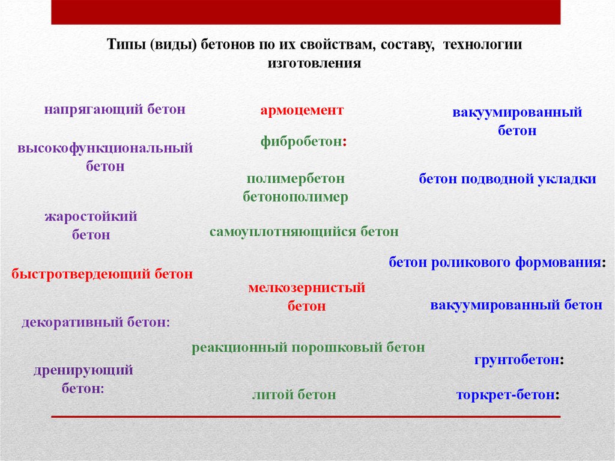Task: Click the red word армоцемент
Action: coord(302,111)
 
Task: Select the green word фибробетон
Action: coord(301,141)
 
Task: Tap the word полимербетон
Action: coord(295,179)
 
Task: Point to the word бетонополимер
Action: coord(295,197)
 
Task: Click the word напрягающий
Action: coord(93,109)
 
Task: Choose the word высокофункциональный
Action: coord(105,148)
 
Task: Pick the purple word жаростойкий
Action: coord(91,216)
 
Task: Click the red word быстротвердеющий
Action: coord(80,274)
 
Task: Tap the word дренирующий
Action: coord(83,370)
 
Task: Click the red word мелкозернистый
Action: coord(307,289)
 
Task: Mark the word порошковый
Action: coord(337,348)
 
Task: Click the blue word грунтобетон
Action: coord(517,360)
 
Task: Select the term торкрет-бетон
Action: coord(506,395)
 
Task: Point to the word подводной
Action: coord(497,180)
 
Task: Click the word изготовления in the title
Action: coord(314,63)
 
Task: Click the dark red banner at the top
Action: coord(306,12)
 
